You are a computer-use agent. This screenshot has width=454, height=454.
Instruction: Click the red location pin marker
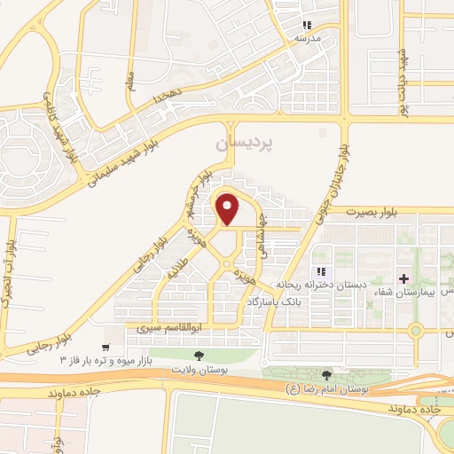coord(228,209)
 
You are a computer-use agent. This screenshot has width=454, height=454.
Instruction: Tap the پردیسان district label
coord(247,142)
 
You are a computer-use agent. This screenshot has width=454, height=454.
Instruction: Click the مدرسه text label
coord(307,39)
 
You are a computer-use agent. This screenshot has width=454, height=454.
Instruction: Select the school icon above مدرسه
coord(307,26)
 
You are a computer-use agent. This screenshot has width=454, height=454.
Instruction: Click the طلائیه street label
coord(179,269)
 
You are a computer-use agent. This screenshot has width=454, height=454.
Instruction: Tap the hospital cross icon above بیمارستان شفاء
coord(404,278)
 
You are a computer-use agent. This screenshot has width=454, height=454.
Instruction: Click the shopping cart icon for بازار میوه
coord(107,348)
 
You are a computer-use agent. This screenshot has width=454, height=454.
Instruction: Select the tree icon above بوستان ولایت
coord(199,356)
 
